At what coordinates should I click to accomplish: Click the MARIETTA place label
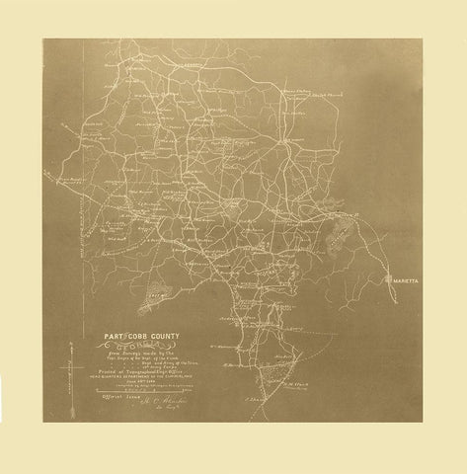405,280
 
